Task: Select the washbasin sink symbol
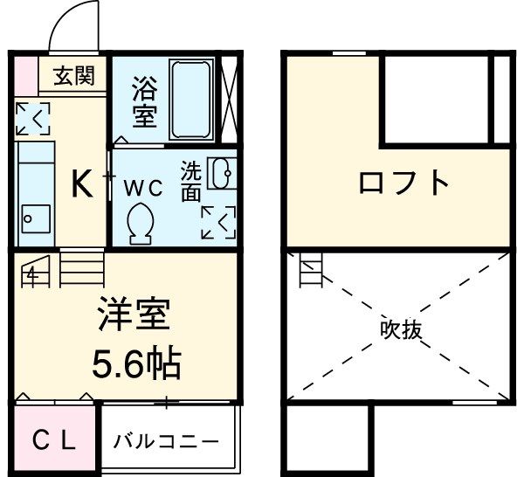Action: coord(222,173)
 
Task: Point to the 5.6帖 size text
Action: coord(136,361)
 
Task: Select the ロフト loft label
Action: coord(404,183)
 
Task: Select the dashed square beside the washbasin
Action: coord(218,222)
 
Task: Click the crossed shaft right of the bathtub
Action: coord(230,98)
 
